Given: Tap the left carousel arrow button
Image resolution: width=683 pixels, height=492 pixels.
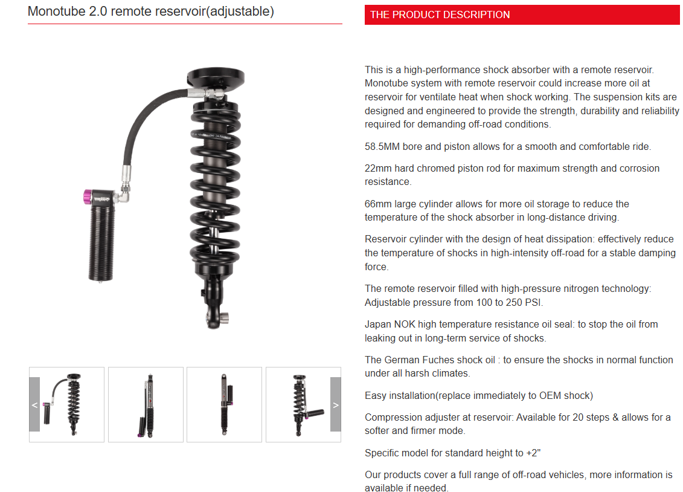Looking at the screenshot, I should (34, 404).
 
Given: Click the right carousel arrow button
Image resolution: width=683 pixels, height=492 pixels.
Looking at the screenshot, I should (336, 404).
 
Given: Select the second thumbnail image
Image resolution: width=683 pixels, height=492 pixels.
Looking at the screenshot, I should (146, 404).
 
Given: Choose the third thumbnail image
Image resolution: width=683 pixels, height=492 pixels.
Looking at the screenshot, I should (224, 404).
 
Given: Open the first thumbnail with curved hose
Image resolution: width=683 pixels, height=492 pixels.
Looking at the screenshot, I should (67, 404).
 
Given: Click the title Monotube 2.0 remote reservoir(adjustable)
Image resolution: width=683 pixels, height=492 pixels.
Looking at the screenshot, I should (151, 11).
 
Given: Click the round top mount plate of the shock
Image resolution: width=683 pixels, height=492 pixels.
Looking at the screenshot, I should (216, 77).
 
